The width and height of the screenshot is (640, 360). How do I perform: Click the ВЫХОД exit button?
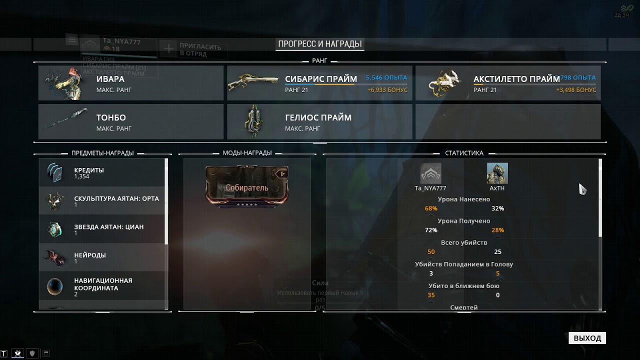click(x=587, y=338)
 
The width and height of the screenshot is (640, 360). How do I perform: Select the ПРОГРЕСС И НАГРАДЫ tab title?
click(x=320, y=44)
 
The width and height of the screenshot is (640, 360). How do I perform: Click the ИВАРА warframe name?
click(x=110, y=79)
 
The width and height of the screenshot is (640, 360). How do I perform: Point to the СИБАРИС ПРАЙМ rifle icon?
click(x=252, y=82)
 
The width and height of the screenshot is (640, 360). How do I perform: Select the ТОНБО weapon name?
click(x=111, y=117)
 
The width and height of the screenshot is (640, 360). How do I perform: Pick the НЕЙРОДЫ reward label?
click(x=90, y=255)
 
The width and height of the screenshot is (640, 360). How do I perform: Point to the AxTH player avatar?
click(x=497, y=173)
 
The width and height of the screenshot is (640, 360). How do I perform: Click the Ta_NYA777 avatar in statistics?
click(x=430, y=173)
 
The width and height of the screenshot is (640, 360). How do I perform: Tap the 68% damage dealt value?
click(x=431, y=208)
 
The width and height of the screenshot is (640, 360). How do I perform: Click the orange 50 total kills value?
click(x=431, y=252)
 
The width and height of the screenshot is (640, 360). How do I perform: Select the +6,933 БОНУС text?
click(x=387, y=90)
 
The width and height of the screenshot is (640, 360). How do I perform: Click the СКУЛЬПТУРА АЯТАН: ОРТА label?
click(x=116, y=198)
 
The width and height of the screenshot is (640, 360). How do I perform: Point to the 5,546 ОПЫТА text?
click(x=386, y=78)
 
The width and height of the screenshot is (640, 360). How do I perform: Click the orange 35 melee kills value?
click(x=431, y=295)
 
